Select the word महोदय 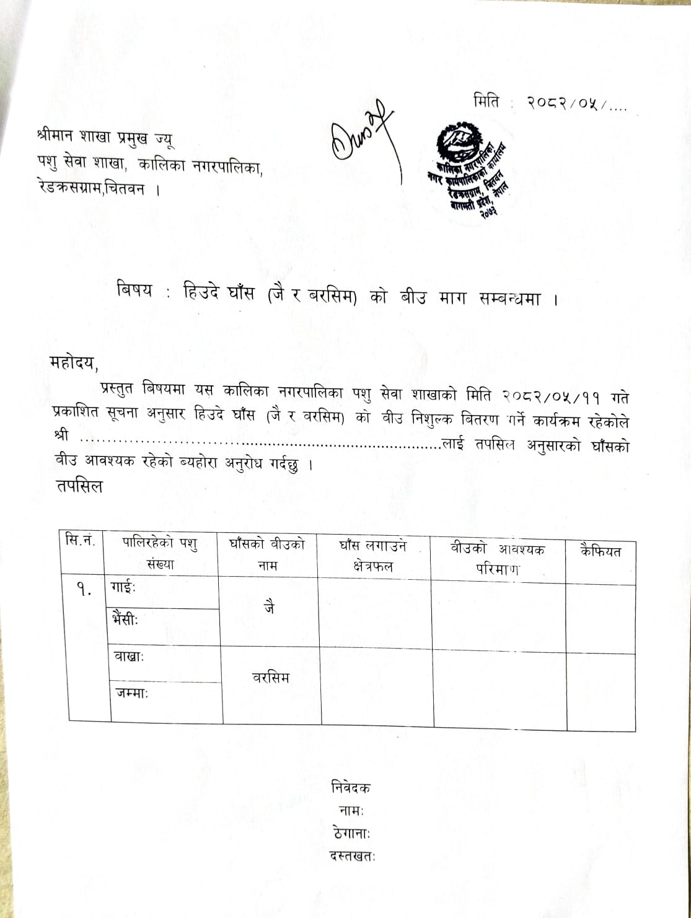pyautogui.click(x=74, y=362)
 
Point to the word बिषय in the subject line pyautogui.click(x=134, y=291)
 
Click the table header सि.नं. pyautogui.click(x=81, y=541)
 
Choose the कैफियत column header pyautogui.click(x=600, y=551)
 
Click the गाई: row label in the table pyautogui.click(x=123, y=586)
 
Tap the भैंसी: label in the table pyautogui.click(x=125, y=618)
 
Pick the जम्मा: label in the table pyautogui.click(x=131, y=693)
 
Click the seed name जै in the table pyautogui.click(x=269, y=609)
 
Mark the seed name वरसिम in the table pyautogui.click(x=270, y=678)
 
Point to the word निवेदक pyautogui.click(x=351, y=788)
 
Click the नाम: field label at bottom pyautogui.click(x=351, y=810)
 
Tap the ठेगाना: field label pyautogui.click(x=351, y=833)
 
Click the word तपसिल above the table pyautogui.click(x=79, y=486)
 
